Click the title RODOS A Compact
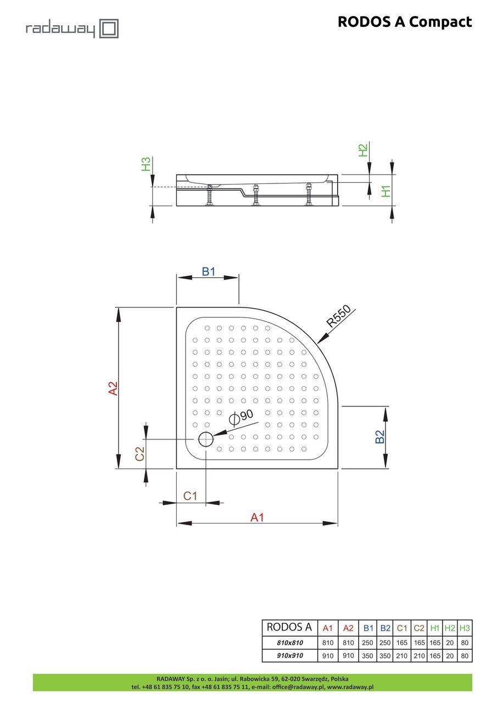click(x=404, y=22)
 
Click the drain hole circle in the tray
click(x=205, y=439)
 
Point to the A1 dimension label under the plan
click(x=257, y=517)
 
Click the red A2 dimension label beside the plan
click(x=113, y=388)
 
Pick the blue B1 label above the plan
click(x=208, y=271)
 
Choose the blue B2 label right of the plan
click(x=379, y=437)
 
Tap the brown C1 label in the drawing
click(x=190, y=496)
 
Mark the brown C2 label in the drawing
click(x=139, y=453)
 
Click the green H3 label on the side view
click(x=146, y=164)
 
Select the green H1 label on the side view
click(x=387, y=191)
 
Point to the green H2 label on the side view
click(x=363, y=150)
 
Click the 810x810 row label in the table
click(x=289, y=643)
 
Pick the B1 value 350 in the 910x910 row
click(x=368, y=656)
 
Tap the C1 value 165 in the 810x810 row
click(x=402, y=643)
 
